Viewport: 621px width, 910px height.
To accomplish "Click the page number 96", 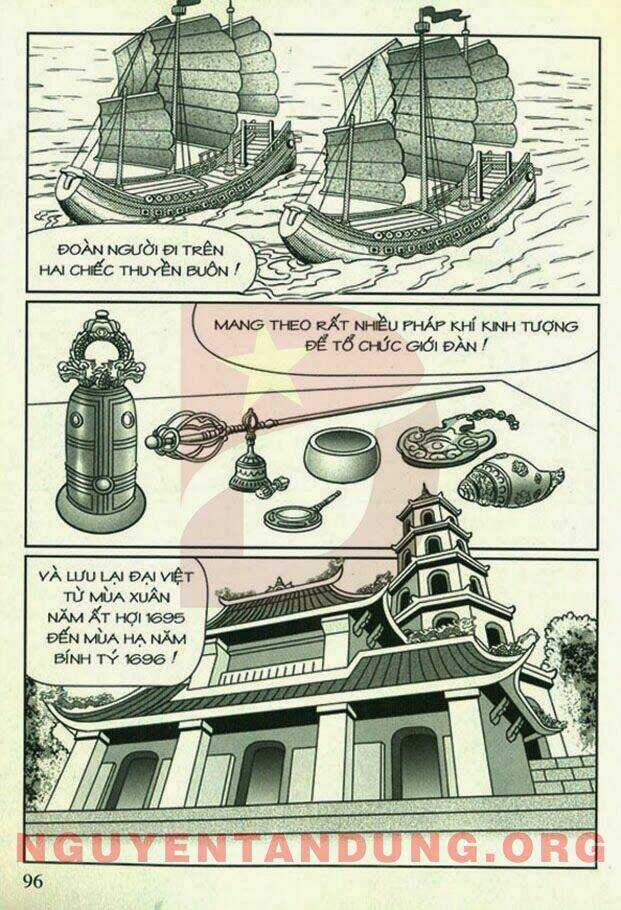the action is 33,880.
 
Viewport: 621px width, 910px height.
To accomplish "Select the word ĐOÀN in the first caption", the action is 78,250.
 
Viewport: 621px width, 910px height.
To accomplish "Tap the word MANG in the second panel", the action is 234,325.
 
